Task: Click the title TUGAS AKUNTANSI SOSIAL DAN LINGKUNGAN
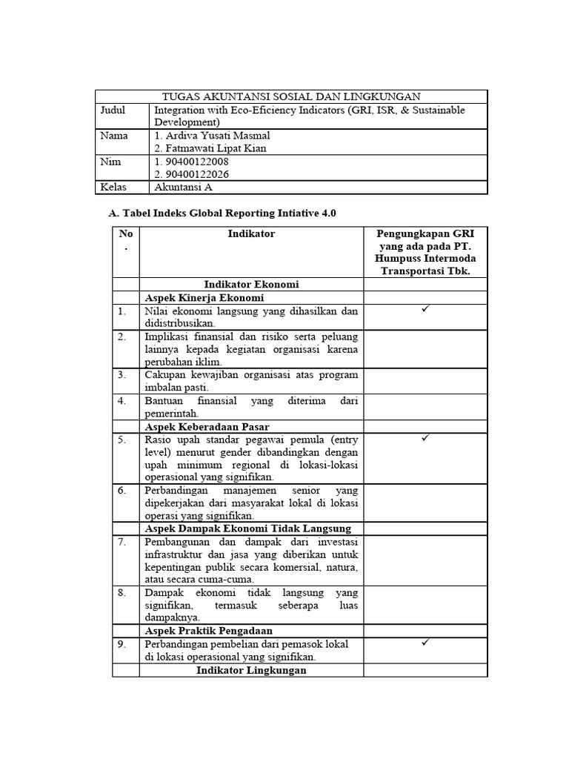pos(291,96)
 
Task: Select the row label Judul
pos(113,110)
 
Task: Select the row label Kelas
pos(114,188)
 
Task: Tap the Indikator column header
pos(251,233)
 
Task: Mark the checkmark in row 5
pos(425,439)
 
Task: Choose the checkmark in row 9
pos(425,643)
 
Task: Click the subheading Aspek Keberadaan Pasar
pos(207,426)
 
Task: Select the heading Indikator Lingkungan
pos(251,670)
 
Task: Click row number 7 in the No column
pos(122,542)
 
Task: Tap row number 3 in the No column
pos(122,375)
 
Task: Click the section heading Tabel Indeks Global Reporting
pos(222,213)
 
